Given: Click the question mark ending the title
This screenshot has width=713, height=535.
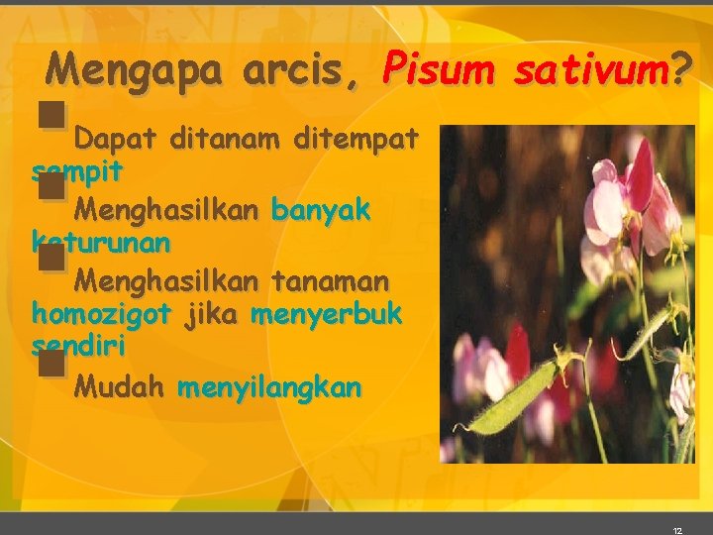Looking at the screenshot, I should click(x=681, y=69).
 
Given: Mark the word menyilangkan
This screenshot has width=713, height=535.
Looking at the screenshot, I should click(x=269, y=386).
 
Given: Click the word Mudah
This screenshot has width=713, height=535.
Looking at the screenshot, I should click(x=119, y=386).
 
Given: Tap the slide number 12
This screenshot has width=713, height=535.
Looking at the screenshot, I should click(x=677, y=530).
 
